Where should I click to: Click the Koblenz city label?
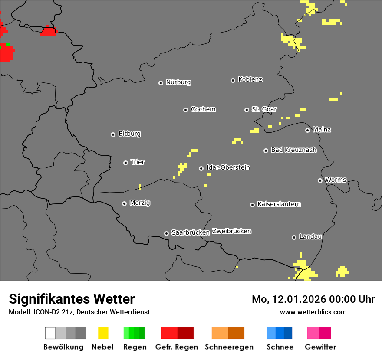click(250, 79)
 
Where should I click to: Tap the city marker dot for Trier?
click(126, 163)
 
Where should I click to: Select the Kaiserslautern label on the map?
click(279, 204)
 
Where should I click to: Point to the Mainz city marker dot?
click(308, 130)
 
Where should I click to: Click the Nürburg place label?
click(178, 82)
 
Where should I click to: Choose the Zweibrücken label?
click(231, 231)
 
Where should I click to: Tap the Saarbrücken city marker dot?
click(166, 233)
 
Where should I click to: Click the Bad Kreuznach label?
click(293, 150)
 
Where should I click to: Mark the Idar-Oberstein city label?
click(228, 167)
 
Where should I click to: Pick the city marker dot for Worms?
click(320, 180)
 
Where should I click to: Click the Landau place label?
click(310, 236)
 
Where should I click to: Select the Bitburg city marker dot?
click(113, 134)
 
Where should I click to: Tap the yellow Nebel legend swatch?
click(103, 333)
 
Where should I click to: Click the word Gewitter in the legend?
click(320, 347)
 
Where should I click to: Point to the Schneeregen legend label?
click(229, 347)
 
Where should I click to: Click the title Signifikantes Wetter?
click(72, 299)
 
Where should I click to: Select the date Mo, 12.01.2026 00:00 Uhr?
click(313, 299)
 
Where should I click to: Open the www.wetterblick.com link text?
click(313, 312)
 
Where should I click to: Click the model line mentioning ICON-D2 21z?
click(79, 312)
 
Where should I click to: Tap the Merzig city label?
click(140, 203)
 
